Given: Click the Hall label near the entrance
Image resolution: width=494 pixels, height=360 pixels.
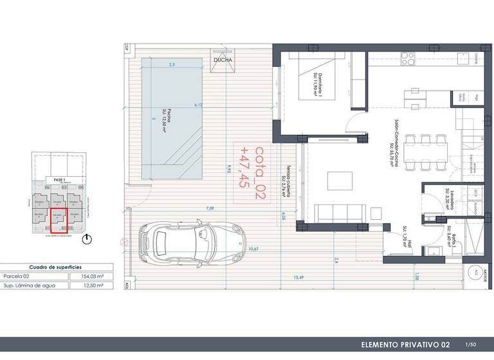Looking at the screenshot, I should pos(405,237).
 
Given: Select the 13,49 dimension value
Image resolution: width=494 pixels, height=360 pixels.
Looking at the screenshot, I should pos(298,278).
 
